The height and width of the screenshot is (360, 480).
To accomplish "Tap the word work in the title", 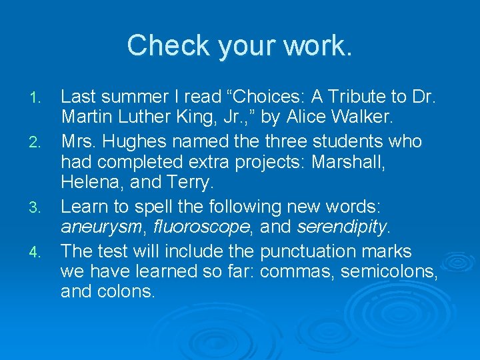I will point(313,45).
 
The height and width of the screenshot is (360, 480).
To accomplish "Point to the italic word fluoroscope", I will point(200,228).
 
